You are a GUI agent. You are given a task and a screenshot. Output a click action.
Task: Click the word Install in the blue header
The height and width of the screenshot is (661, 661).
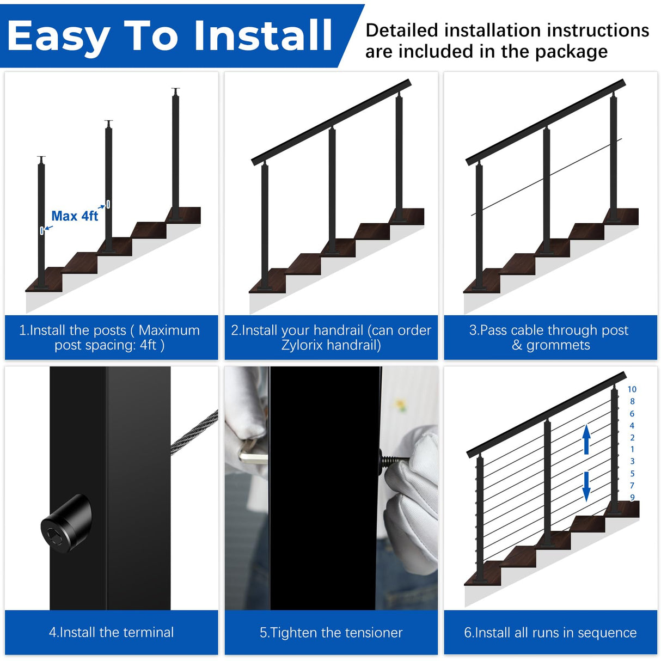click(x=263, y=36)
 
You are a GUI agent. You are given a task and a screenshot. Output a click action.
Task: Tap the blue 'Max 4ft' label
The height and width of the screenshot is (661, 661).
click(x=75, y=216)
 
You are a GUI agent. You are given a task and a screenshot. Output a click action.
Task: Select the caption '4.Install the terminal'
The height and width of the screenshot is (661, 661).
click(x=112, y=632)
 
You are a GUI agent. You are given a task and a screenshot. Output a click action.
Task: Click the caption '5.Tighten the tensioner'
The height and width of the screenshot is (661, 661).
click(x=331, y=632)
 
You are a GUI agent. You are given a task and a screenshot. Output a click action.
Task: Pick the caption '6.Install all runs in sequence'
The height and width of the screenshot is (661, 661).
click(x=550, y=632)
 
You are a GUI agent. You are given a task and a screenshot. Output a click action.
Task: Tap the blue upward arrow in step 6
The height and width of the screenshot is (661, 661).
click(x=586, y=439)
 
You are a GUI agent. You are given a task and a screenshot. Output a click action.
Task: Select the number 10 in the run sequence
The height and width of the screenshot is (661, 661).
click(x=632, y=389)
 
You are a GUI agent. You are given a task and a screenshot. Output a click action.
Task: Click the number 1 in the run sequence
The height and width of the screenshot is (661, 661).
click(x=632, y=449)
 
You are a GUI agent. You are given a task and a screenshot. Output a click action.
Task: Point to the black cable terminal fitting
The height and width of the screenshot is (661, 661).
click(x=66, y=524)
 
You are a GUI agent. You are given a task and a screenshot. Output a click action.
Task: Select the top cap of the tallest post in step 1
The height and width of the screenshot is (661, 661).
click(x=175, y=89)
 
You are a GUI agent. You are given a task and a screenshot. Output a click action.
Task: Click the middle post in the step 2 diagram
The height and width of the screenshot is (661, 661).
click(x=332, y=191)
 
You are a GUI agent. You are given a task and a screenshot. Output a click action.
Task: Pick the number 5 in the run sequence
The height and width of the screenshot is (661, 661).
click(x=632, y=474)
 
